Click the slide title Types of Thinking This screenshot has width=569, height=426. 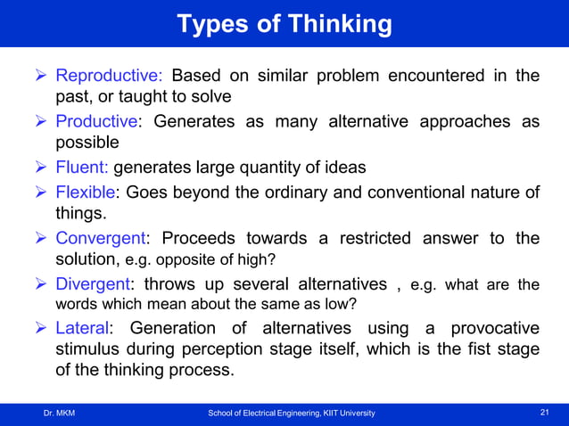coord(284,24)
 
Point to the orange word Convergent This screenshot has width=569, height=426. coord(101,238)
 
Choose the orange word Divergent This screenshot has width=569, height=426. coord(94,284)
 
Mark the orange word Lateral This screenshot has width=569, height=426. coord(85,328)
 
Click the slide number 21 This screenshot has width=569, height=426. coord(546,413)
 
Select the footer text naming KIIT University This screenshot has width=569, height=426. coord(292,413)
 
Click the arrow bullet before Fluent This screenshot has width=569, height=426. coord(41,167)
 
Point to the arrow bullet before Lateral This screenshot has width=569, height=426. coord(41,328)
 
